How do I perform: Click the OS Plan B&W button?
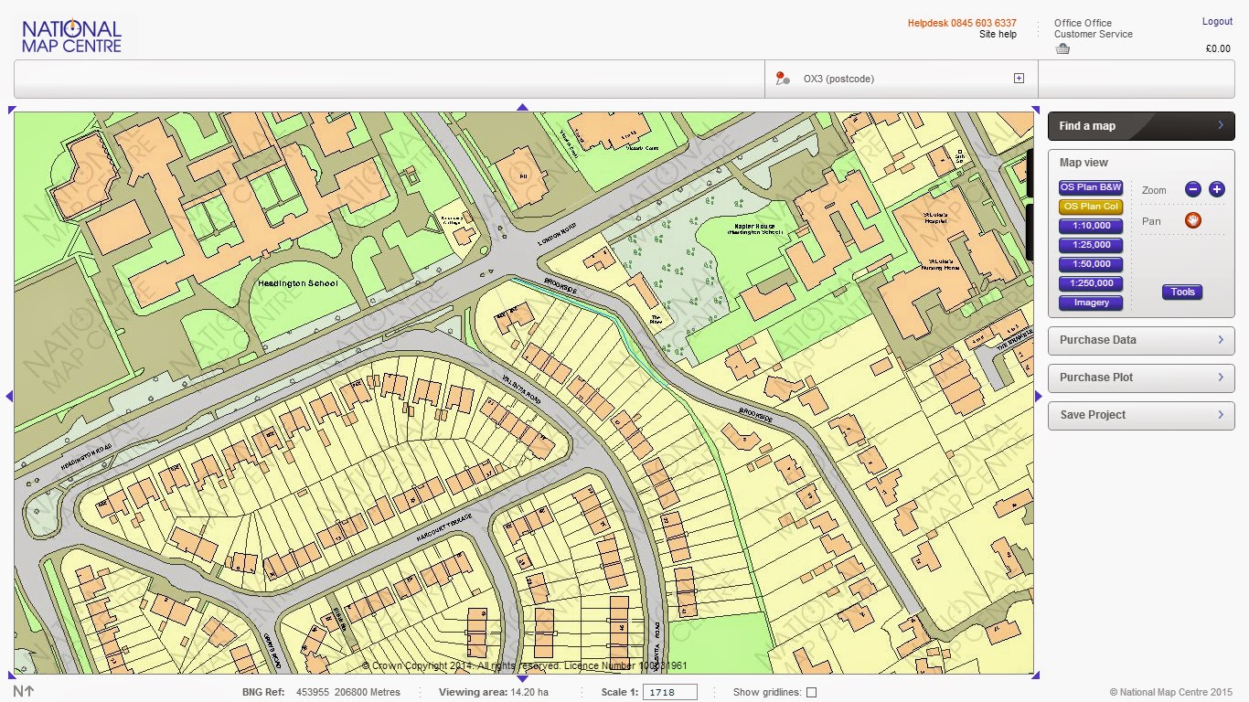tap(1090, 187)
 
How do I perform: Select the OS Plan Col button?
tap(1090, 207)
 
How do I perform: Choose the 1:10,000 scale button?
tap(1090, 226)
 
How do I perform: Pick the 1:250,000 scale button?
tap(1090, 283)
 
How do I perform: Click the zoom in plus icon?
tap(1216, 189)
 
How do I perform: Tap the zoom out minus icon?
tap(1192, 189)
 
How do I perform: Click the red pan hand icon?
tap(1192, 220)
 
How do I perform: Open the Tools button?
tap(1182, 292)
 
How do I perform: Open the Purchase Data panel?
tap(1141, 340)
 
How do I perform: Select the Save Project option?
tap(1141, 415)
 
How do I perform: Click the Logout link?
tap(1217, 22)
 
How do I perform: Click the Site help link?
tap(998, 35)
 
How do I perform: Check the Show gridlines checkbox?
tap(811, 693)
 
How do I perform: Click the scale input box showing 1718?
tap(669, 693)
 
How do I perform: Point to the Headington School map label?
tap(297, 283)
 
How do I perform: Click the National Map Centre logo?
tap(71, 37)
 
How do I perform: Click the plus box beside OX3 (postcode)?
tap(1019, 79)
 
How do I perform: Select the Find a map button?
tap(1141, 126)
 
